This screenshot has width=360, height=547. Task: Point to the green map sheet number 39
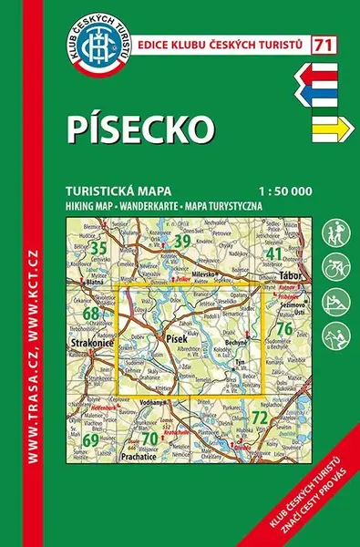point(182,241)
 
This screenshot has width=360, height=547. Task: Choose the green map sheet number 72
point(259,418)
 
